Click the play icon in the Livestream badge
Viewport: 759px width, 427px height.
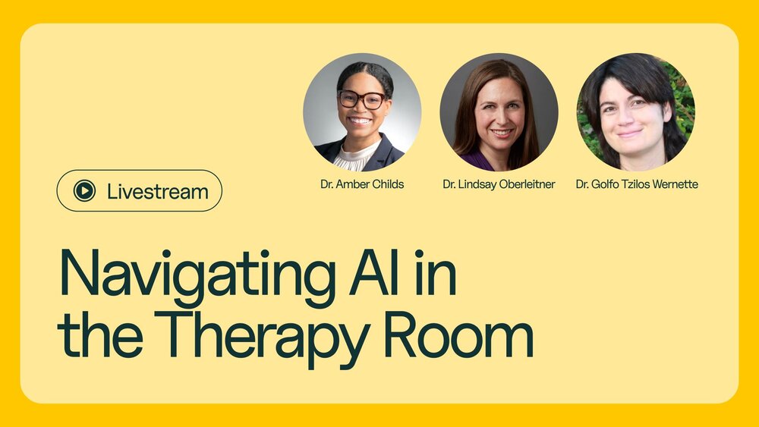click(x=84, y=191)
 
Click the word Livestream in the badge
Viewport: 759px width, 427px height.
click(x=157, y=191)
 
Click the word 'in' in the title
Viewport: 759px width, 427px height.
click(x=437, y=272)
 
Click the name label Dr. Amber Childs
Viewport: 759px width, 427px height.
click(x=362, y=184)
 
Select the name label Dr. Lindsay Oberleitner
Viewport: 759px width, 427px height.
click(x=499, y=184)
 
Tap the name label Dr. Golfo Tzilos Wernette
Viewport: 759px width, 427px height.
click(x=636, y=184)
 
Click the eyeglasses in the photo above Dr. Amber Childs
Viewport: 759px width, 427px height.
click(x=362, y=99)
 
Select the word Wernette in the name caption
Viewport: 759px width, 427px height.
click(x=675, y=184)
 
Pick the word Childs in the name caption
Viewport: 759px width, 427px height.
click(x=387, y=184)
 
